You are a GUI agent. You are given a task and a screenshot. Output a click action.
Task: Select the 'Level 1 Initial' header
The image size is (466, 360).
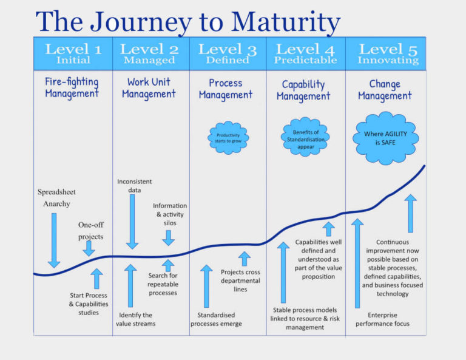[x=73, y=53]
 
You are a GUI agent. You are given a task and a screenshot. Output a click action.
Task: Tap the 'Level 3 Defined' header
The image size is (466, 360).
[x=228, y=53]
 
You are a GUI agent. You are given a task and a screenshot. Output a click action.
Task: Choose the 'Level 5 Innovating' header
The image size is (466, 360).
[x=385, y=53]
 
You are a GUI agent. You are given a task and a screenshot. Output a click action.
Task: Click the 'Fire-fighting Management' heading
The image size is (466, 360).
[x=72, y=87]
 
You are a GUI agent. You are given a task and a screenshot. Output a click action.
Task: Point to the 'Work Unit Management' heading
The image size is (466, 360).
[x=149, y=87]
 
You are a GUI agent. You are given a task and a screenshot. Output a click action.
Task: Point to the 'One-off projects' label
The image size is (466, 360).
[x=90, y=231]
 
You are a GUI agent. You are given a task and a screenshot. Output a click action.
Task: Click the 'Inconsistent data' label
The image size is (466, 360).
[x=135, y=186]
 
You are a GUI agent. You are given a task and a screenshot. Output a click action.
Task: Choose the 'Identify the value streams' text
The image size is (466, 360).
[x=135, y=319]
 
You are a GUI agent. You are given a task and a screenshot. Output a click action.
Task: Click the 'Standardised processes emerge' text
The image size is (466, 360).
[x=216, y=319]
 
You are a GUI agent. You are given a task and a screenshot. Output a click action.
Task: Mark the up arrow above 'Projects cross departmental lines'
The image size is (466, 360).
[x=244, y=259]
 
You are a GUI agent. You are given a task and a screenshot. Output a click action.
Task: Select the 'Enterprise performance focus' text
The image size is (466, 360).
[x=388, y=319]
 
